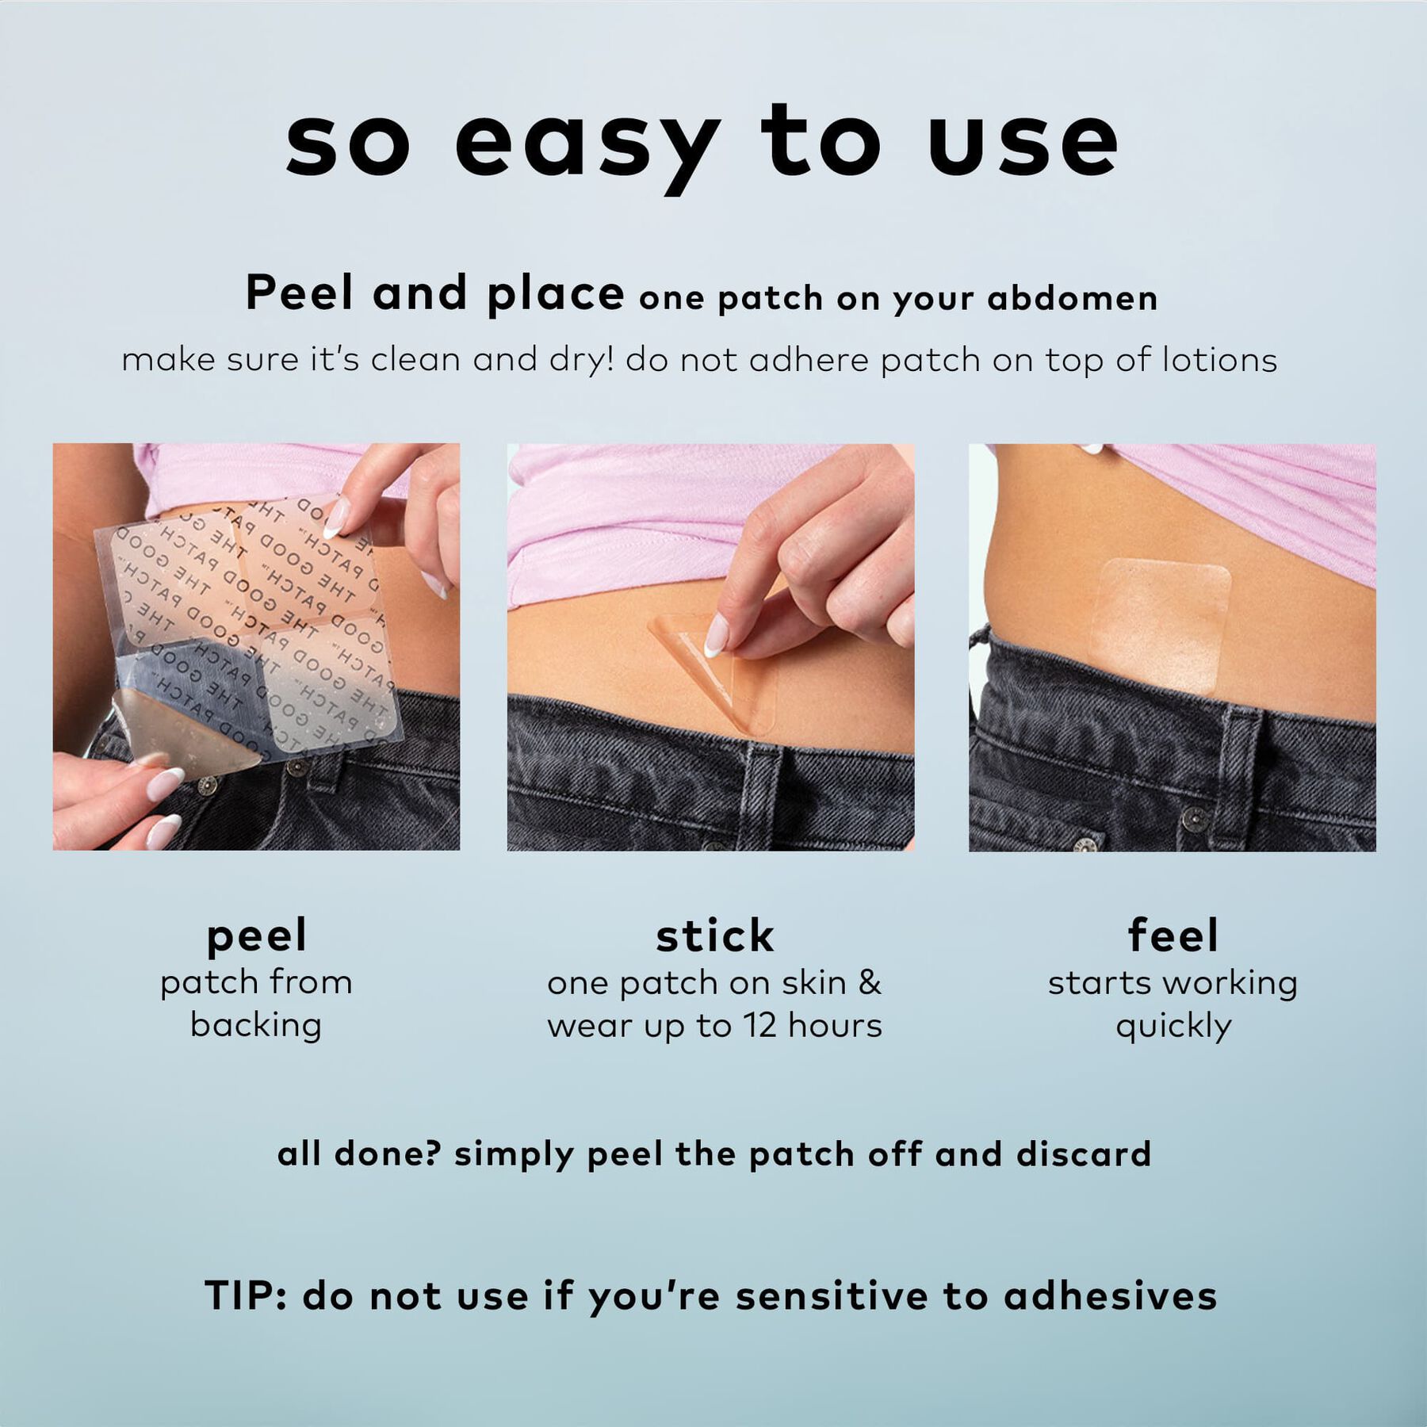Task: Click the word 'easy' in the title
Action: coord(587,147)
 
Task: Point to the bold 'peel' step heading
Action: coord(256,937)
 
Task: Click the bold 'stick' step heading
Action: coord(714,936)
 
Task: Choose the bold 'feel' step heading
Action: coord(1173,935)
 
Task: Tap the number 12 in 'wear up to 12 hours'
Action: coord(759,1026)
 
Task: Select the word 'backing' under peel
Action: coord(256,1025)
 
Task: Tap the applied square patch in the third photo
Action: coord(1160,625)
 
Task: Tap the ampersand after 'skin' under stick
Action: coord(870,983)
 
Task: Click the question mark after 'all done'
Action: coord(433,1153)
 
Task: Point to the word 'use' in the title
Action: coord(1023,147)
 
